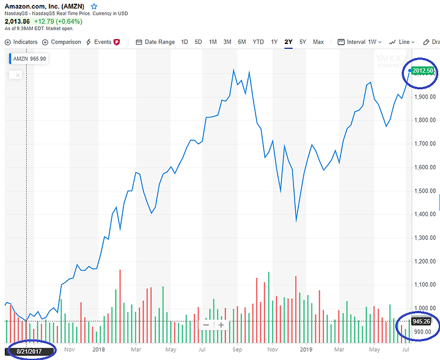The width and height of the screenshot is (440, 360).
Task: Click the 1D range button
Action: [185, 42]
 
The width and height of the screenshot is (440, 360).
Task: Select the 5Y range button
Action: [302, 42]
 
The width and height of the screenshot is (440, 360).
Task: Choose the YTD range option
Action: [258, 42]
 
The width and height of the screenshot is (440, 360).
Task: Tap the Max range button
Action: [318, 42]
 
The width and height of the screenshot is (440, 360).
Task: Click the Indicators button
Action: [21, 42]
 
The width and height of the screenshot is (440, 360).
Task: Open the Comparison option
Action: [62, 42]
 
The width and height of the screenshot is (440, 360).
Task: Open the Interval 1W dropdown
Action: [360, 42]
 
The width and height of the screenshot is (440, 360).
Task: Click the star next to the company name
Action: [94, 6]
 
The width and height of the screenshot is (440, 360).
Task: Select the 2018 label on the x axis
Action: [99, 350]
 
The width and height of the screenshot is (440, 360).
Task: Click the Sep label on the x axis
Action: [238, 350]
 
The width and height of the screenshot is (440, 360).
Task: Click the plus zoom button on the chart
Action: [221, 325]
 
